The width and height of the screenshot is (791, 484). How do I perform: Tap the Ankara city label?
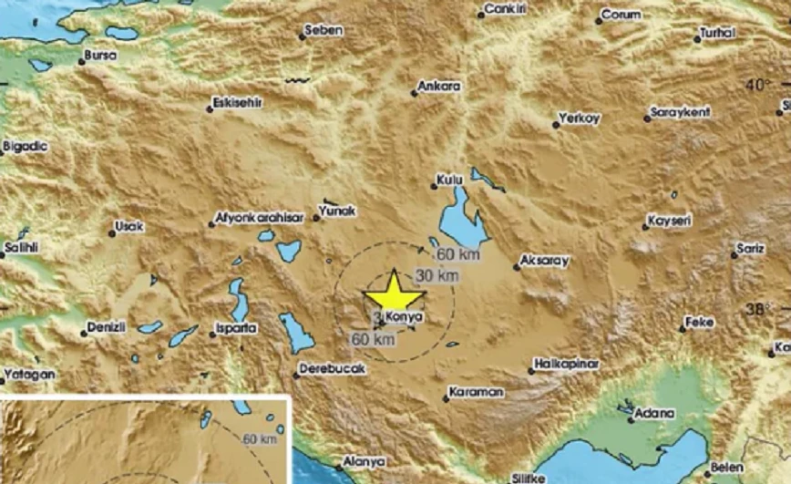pos(439,88)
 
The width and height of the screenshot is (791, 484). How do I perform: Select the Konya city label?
pos(406,317)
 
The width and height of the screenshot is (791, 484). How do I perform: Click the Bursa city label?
pos(99,56)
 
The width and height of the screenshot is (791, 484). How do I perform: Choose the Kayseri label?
pos(669,221)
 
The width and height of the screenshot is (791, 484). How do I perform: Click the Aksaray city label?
pos(543,261)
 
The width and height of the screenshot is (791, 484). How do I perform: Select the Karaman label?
pos(477,393)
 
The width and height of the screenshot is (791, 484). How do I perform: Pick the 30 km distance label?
pos(436,276)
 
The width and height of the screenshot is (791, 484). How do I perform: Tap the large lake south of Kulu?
pos(462,221)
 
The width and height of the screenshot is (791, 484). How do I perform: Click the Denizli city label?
pos(109,326)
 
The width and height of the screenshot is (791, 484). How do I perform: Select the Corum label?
pos(621,16)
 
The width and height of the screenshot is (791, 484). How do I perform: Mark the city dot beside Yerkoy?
pos(555,125)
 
